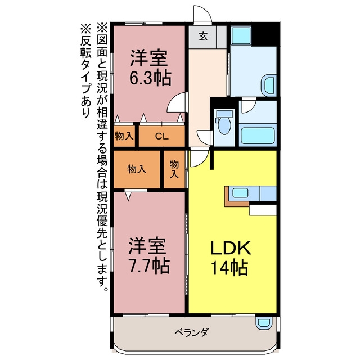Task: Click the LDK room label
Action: tap(231, 247)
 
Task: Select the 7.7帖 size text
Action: tap(150, 265)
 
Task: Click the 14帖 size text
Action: tap(229, 268)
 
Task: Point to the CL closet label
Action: tap(162, 136)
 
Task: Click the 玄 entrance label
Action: tap(203, 36)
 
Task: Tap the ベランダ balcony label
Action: tap(192, 332)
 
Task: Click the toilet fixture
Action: tap(224, 122)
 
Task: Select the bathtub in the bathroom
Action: tap(258, 136)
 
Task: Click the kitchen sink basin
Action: tap(240, 192)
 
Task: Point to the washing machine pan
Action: tap(241, 35)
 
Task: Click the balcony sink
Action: tap(264, 322)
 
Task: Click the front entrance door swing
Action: tap(202, 13)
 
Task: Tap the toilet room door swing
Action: tap(204, 137)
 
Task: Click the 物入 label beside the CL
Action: tap(124, 136)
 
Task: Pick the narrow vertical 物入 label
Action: tap(174, 169)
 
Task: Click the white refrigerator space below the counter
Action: tap(263, 210)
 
